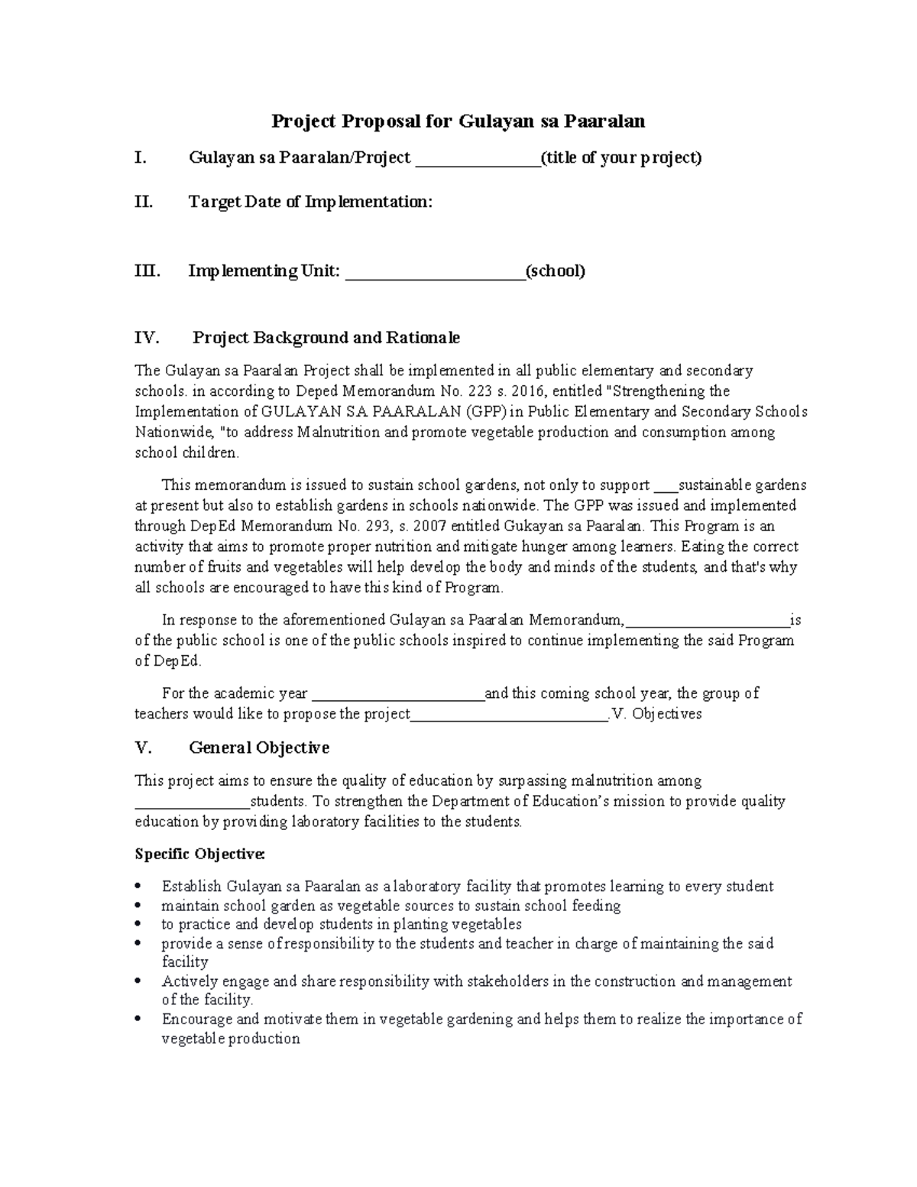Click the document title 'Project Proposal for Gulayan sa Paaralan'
point(458,121)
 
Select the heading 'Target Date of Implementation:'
point(310,202)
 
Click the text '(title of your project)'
point(621,158)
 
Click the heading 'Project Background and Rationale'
point(326,337)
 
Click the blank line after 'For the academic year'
point(398,696)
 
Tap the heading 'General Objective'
point(259,748)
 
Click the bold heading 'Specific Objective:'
point(199,853)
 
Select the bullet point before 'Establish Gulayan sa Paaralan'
point(138,887)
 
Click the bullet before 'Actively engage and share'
point(138,981)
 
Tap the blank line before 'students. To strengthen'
point(192,804)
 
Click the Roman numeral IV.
point(147,337)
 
